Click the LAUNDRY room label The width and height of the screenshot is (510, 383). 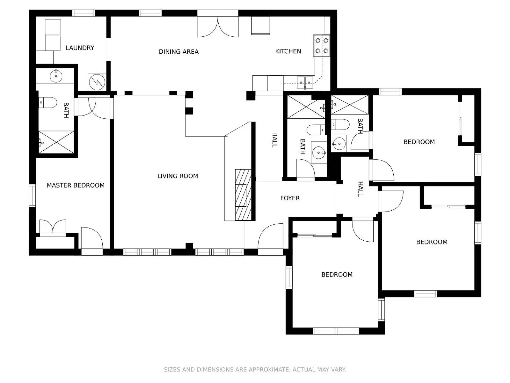(x=80, y=48)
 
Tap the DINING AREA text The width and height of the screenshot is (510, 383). (x=178, y=52)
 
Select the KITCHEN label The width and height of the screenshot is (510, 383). (x=288, y=51)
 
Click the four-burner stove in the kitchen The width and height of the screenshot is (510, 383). (x=322, y=46)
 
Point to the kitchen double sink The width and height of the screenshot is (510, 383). (x=305, y=83)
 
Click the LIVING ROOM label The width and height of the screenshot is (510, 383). (x=178, y=176)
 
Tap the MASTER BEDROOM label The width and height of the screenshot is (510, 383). (x=76, y=185)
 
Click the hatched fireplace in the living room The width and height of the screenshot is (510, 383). (x=243, y=195)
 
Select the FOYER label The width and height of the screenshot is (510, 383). (x=290, y=198)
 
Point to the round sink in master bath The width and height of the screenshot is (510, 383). (x=56, y=76)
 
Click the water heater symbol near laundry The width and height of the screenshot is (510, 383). (x=97, y=82)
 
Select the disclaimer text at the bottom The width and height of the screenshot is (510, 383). (x=255, y=370)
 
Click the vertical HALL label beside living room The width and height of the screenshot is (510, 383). (x=274, y=140)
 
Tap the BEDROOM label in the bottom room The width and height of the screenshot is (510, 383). (x=337, y=274)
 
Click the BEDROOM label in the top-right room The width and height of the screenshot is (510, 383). (x=419, y=142)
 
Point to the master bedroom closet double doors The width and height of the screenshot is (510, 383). (x=53, y=227)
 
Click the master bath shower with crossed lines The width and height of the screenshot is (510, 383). (x=56, y=142)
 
